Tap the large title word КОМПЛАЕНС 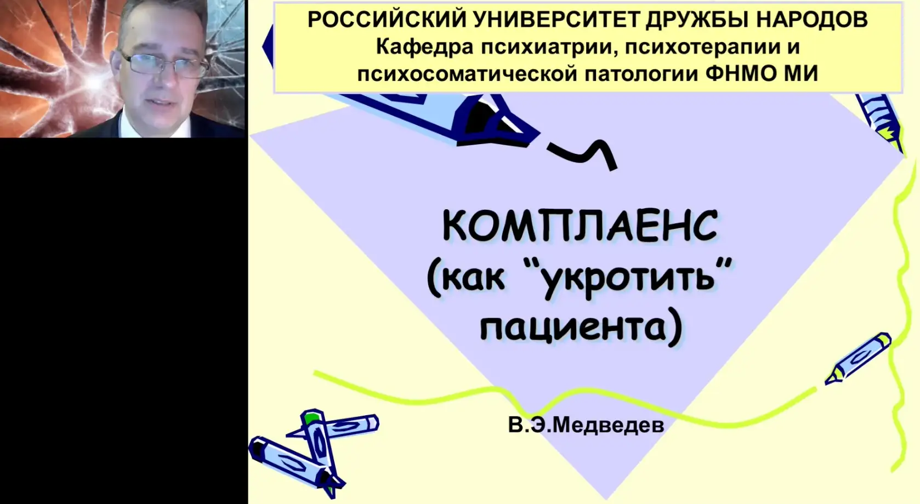tap(580, 226)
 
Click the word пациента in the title tap(573, 327)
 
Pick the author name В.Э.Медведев tap(586, 425)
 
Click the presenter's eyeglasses tap(164, 65)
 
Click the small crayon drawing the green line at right tap(858, 359)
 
